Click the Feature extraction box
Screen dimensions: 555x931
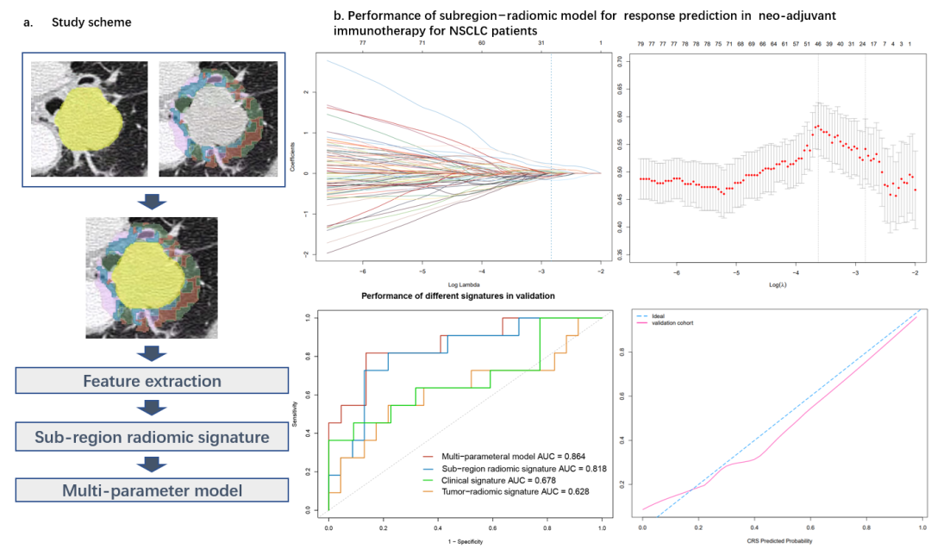[x=152, y=381]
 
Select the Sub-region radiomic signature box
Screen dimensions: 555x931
[x=152, y=437]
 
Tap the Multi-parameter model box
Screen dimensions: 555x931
[x=152, y=491]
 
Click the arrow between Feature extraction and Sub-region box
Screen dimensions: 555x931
[x=152, y=408]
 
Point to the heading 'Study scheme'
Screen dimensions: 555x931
[x=91, y=22]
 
